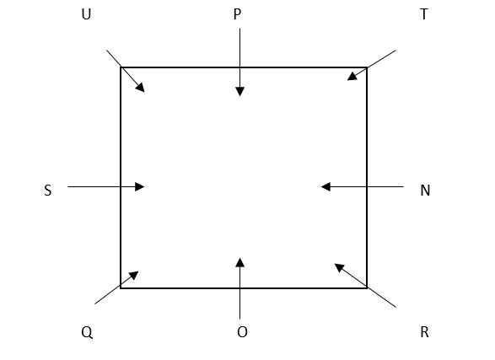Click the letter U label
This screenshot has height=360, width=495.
click(86, 14)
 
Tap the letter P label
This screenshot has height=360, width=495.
click(237, 14)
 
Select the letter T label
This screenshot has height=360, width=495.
click(424, 14)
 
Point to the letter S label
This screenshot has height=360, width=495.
click(48, 191)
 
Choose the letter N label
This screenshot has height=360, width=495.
click(425, 191)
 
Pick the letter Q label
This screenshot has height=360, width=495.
click(87, 332)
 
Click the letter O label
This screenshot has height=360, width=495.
click(242, 332)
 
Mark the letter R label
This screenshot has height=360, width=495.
click(425, 332)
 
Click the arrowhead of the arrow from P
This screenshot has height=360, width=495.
click(240, 92)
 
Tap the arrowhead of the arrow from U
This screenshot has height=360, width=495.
click(141, 88)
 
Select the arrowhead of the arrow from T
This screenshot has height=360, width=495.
click(352, 77)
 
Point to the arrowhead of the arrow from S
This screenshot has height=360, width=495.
click(139, 187)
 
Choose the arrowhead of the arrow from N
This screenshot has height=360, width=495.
click(326, 187)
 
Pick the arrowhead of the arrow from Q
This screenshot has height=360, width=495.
click(134, 275)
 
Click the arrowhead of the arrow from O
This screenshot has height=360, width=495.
click(240, 262)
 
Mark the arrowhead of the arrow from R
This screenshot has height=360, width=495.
click(339, 267)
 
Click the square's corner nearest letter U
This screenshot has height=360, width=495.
click(121, 67)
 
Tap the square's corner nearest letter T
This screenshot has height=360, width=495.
click(367, 67)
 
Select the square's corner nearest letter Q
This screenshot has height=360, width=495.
click(121, 288)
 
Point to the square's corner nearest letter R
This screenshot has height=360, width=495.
click(367, 288)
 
